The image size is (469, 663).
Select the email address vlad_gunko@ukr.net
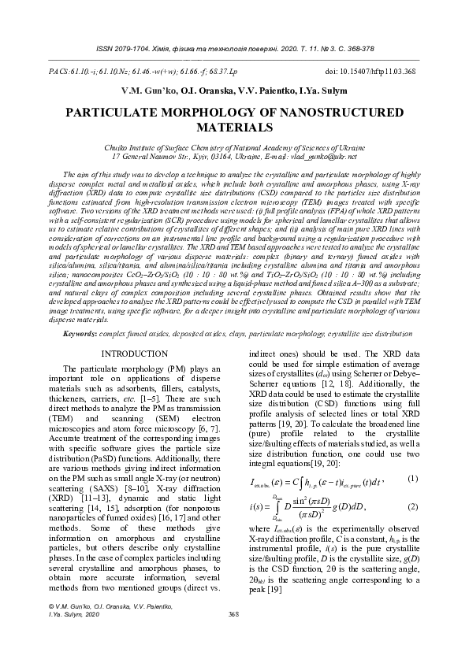tap(324, 157)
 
